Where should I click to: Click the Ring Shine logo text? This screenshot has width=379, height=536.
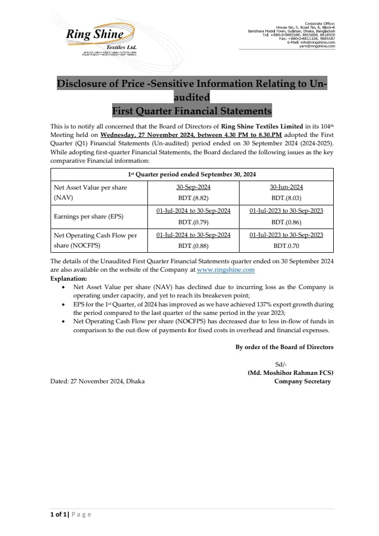[x=95, y=35]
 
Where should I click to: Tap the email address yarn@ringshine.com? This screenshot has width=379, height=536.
[x=317, y=46]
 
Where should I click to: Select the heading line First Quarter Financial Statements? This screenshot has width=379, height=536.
[x=192, y=111]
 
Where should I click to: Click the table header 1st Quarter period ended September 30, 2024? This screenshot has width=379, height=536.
[x=192, y=174]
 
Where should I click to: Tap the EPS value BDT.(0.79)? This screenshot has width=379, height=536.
[x=193, y=222]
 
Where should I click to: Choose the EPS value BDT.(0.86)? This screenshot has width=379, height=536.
[x=286, y=222]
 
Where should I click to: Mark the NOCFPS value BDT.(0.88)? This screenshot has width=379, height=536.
[x=193, y=245]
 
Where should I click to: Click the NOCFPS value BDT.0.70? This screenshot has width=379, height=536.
[x=286, y=245]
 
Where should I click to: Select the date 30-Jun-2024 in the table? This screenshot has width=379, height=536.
[x=286, y=187]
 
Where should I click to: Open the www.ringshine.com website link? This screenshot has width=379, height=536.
[x=225, y=270]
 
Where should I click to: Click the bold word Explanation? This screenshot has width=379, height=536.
[x=69, y=279]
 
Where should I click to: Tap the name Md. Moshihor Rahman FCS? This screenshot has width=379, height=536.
[x=290, y=373]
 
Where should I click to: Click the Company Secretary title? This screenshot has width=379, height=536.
[x=302, y=381]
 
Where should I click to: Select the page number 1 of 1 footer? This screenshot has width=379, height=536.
[x=56, y=514]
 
